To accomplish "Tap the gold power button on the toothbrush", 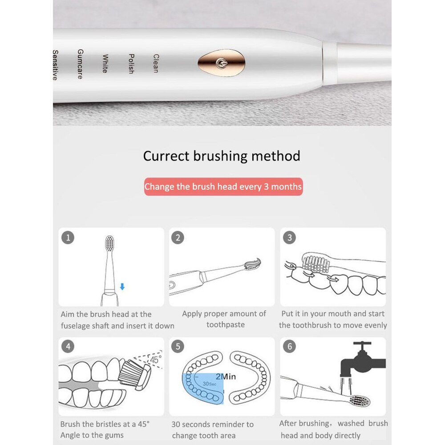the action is (x=221, y=63).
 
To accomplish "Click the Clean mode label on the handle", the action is (x=156, y=63).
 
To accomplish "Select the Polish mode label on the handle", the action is (x=131, y=64).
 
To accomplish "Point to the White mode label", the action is (x=105, y=64).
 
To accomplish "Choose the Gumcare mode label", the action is (x=80, y=64).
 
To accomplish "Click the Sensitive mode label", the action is (x=56, y=65).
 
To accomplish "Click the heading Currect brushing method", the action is (x=222, y=156).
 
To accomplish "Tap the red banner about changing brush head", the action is (x=223, y=186).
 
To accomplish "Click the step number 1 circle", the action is (x=68, y=238).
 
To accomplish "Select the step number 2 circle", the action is (x=178, y=238).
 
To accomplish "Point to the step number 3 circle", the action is (x=290, y=238).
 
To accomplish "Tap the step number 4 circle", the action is (x=68, y=347).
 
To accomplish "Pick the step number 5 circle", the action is (x=178, y=347).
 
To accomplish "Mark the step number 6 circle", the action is (x=290, y=347).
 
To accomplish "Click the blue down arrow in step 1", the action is (x=122, y=287).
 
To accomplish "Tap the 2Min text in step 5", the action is (x=226, y=376).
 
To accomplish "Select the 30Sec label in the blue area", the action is (x=210, y=384).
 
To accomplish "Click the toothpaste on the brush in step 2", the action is (x=253, y=264).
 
